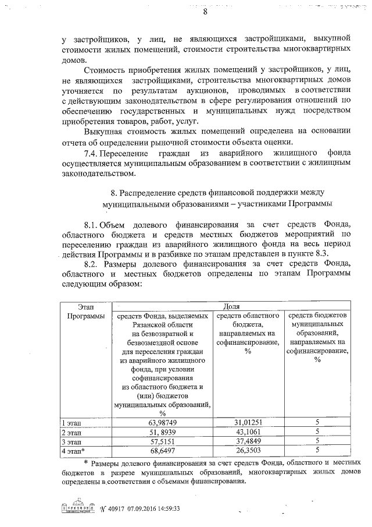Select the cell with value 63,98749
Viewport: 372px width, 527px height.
pos(163,422)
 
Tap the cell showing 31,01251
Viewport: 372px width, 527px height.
pos(251,422)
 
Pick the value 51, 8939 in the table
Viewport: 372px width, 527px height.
pos(163,431)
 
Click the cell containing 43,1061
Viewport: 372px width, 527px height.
pos(251,431)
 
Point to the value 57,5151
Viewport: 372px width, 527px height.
pos(163,441)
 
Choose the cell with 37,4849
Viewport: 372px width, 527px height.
pos(251,441)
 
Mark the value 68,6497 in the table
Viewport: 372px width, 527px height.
pos(163,450)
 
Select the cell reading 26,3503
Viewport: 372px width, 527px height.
pos(251,450)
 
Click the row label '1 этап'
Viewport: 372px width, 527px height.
pos(72,422)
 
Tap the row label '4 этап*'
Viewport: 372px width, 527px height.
pos(74,450)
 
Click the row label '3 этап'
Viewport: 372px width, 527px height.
pos(72,441)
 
